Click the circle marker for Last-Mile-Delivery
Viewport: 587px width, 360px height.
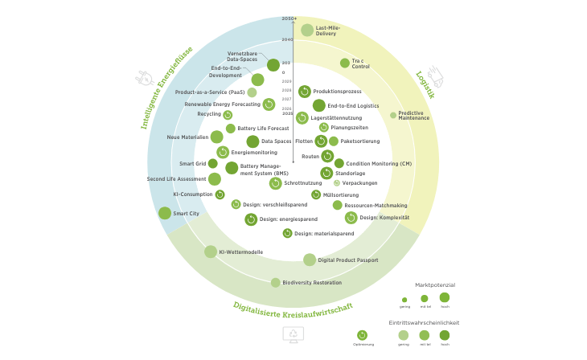coord(307,30)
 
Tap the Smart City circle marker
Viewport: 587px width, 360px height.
coord(165,213)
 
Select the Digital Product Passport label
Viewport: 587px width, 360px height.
coord(348,260)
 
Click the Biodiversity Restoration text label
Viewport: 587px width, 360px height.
coord(312,283)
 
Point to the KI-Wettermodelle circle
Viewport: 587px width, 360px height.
coord(211,252)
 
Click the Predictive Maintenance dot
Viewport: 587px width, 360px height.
coord(393,115)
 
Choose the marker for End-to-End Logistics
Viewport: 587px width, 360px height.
coord(319,105)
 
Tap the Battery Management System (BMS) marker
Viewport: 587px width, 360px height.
coord(232,168)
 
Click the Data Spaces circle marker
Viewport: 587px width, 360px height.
coord(252,141)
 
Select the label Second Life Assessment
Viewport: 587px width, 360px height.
coord(176,178)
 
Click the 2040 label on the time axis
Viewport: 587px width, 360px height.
coord(287,39)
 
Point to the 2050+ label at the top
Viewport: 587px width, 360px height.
coord(289,18)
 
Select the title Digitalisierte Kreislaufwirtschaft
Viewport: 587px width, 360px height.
coord(293,307)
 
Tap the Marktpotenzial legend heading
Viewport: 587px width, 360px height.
coord(435,284)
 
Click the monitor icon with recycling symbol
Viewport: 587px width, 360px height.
coord(293,334)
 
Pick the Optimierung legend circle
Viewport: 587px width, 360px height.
coord(363,335)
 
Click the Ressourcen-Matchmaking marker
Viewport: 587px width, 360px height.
coord(338,205)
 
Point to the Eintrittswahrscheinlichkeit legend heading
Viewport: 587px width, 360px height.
coord(424,322)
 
